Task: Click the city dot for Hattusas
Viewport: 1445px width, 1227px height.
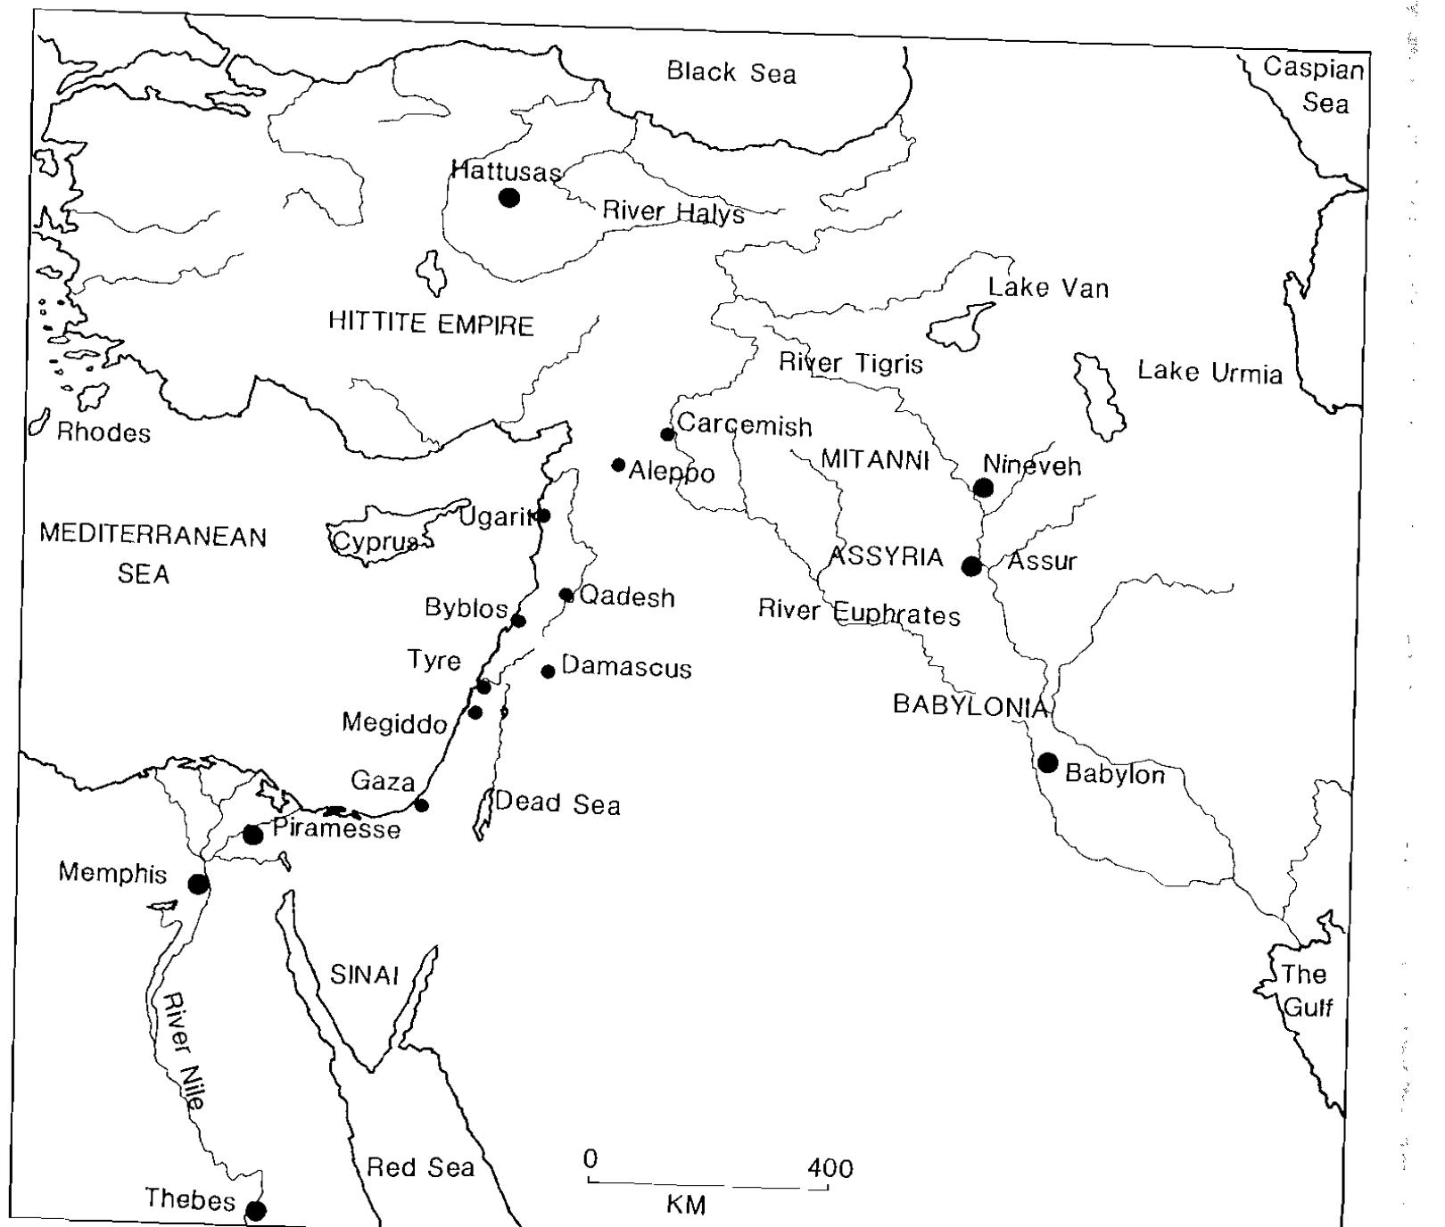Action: tap(509, 197)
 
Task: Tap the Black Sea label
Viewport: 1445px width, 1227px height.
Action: tap(731, 72)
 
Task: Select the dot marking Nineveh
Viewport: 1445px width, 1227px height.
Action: tap(983, 488)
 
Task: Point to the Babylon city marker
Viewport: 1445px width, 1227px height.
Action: tap(1048, 763)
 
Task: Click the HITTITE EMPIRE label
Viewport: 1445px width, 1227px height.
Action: tap(431, 324)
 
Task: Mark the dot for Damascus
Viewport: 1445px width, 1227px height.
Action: tap(549, 671)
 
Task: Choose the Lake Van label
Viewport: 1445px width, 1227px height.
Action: tap(1048, 288)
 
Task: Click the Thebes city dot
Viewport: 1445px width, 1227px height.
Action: tap(256, 1210)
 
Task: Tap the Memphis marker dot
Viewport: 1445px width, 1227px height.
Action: tap(198, 884)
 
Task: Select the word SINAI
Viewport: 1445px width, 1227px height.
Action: tap(364, 975)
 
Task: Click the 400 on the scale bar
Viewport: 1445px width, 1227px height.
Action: tap(830, 1167)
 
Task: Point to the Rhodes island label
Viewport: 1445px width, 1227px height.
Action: tap(103, 433)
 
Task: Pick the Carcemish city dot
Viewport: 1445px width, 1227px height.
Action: tap(667, 434)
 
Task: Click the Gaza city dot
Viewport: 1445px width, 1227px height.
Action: tap(422, 805)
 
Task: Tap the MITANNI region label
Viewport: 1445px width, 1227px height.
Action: tap(875, 460)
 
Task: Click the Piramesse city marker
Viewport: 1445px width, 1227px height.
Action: tap(253, 835)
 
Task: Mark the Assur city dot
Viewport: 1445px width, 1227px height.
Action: tap(971, 566)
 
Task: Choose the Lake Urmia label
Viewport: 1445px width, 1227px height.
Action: tap(1210, 372)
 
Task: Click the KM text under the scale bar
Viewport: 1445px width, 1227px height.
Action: tap(686, 1206)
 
